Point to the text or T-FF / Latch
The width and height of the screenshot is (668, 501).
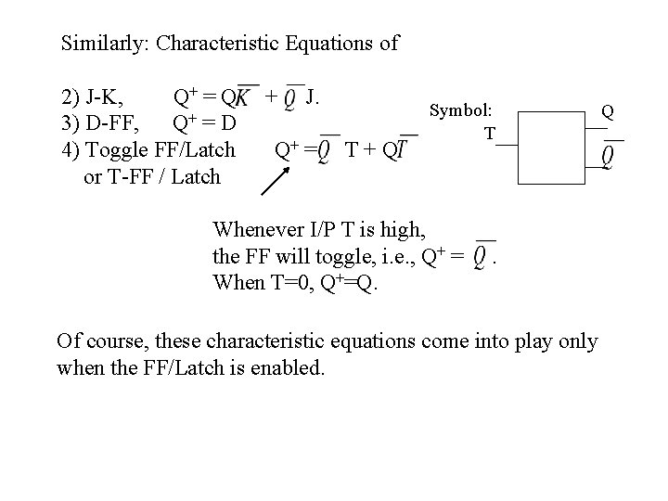point(152,175)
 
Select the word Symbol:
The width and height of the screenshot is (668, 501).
point(461,109)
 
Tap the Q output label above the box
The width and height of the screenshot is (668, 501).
point(607,111)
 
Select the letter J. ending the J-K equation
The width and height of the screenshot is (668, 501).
point(315,96)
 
